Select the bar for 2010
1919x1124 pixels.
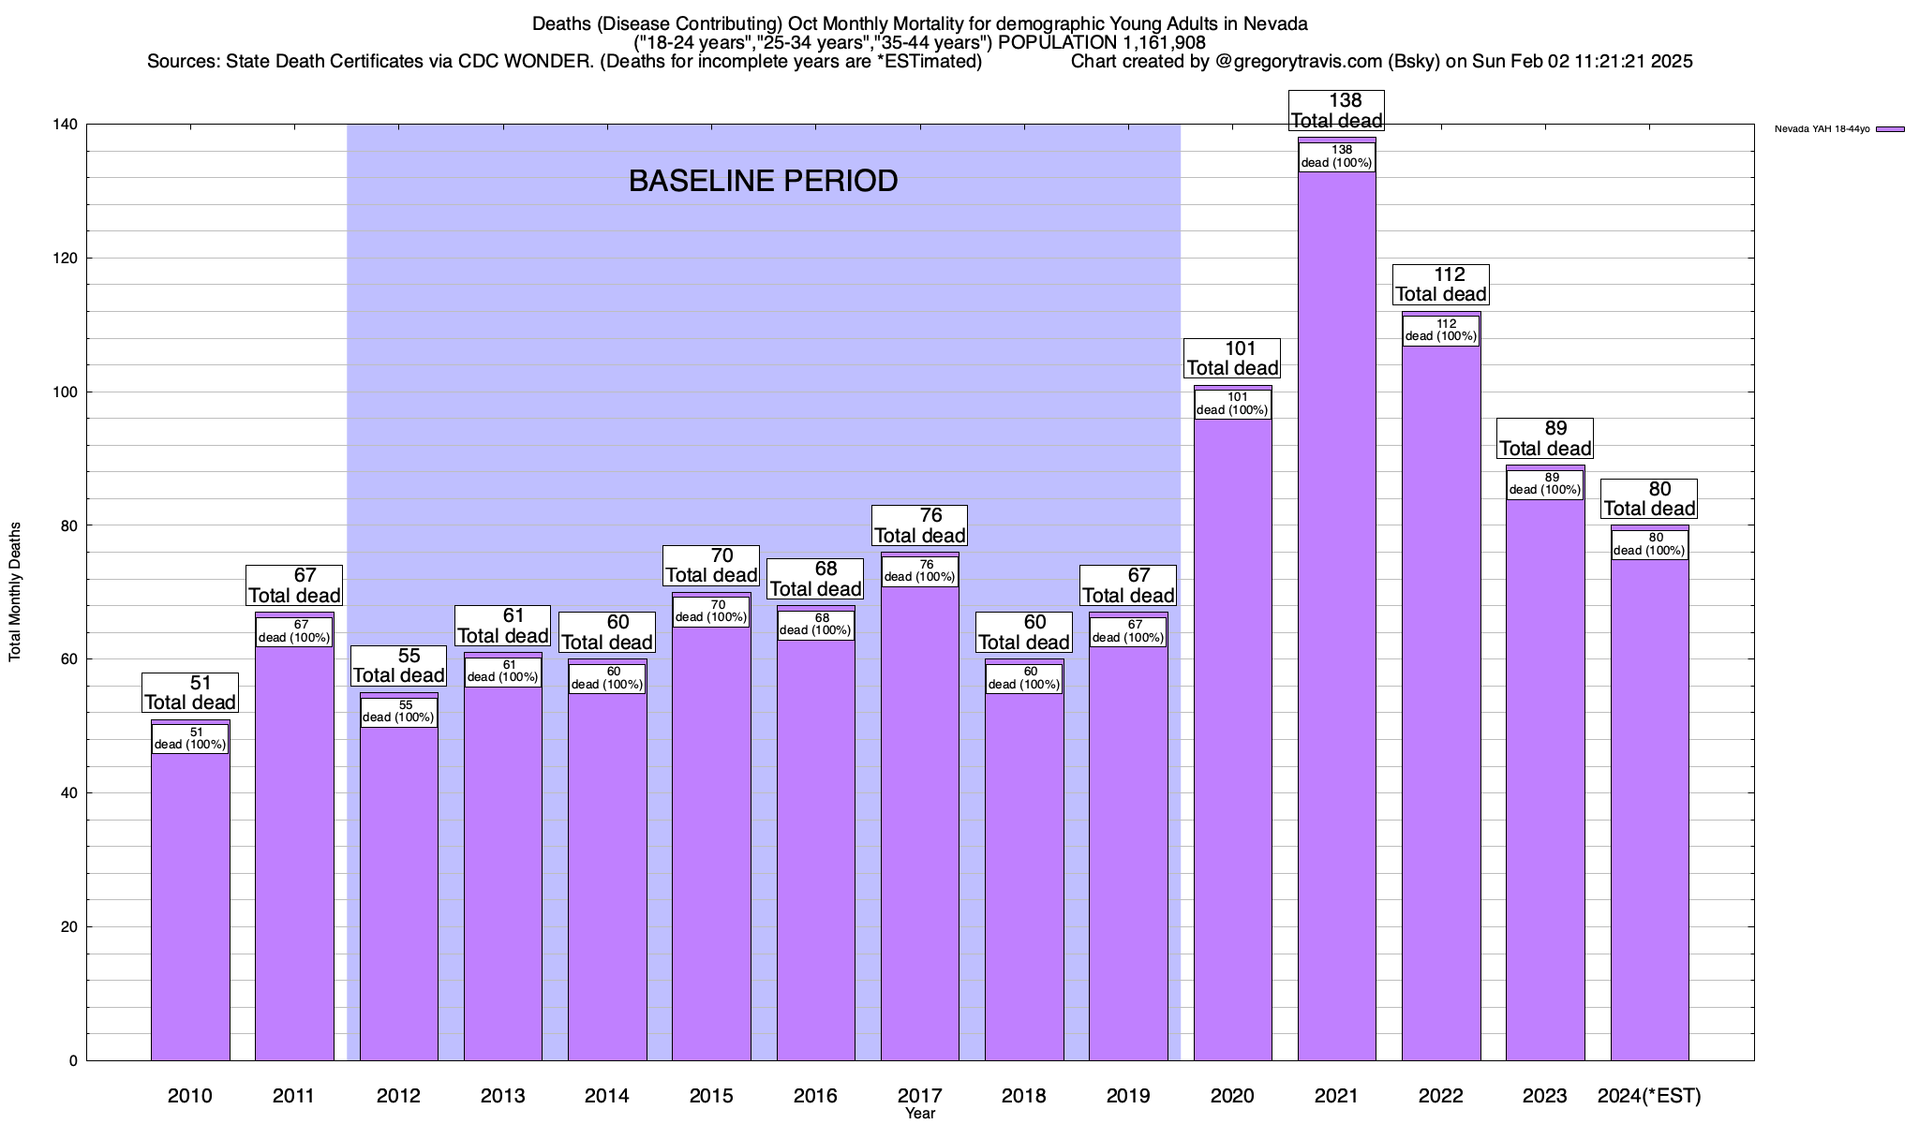(x=190, y=899)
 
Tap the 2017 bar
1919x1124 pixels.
(x=919, y=815)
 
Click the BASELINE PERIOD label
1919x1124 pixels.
(x=763, y=181)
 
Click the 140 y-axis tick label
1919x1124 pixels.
(x=69, y=125)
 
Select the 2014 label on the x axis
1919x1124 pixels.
(x=606, y=1095)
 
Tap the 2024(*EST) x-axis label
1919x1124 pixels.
(x=1649, y=1095)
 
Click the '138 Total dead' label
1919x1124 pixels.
(x=1336, y=111)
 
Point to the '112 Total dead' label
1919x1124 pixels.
(x=1440, y=285)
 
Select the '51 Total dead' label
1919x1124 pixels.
(x=190, y=693)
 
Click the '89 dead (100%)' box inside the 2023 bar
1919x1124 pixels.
(x=1545, y=484)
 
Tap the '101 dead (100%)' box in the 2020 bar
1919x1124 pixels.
(x=1232, y=404)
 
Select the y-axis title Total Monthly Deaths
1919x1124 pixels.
(x=15, y=591)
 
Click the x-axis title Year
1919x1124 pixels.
(x=919, y=1114)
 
